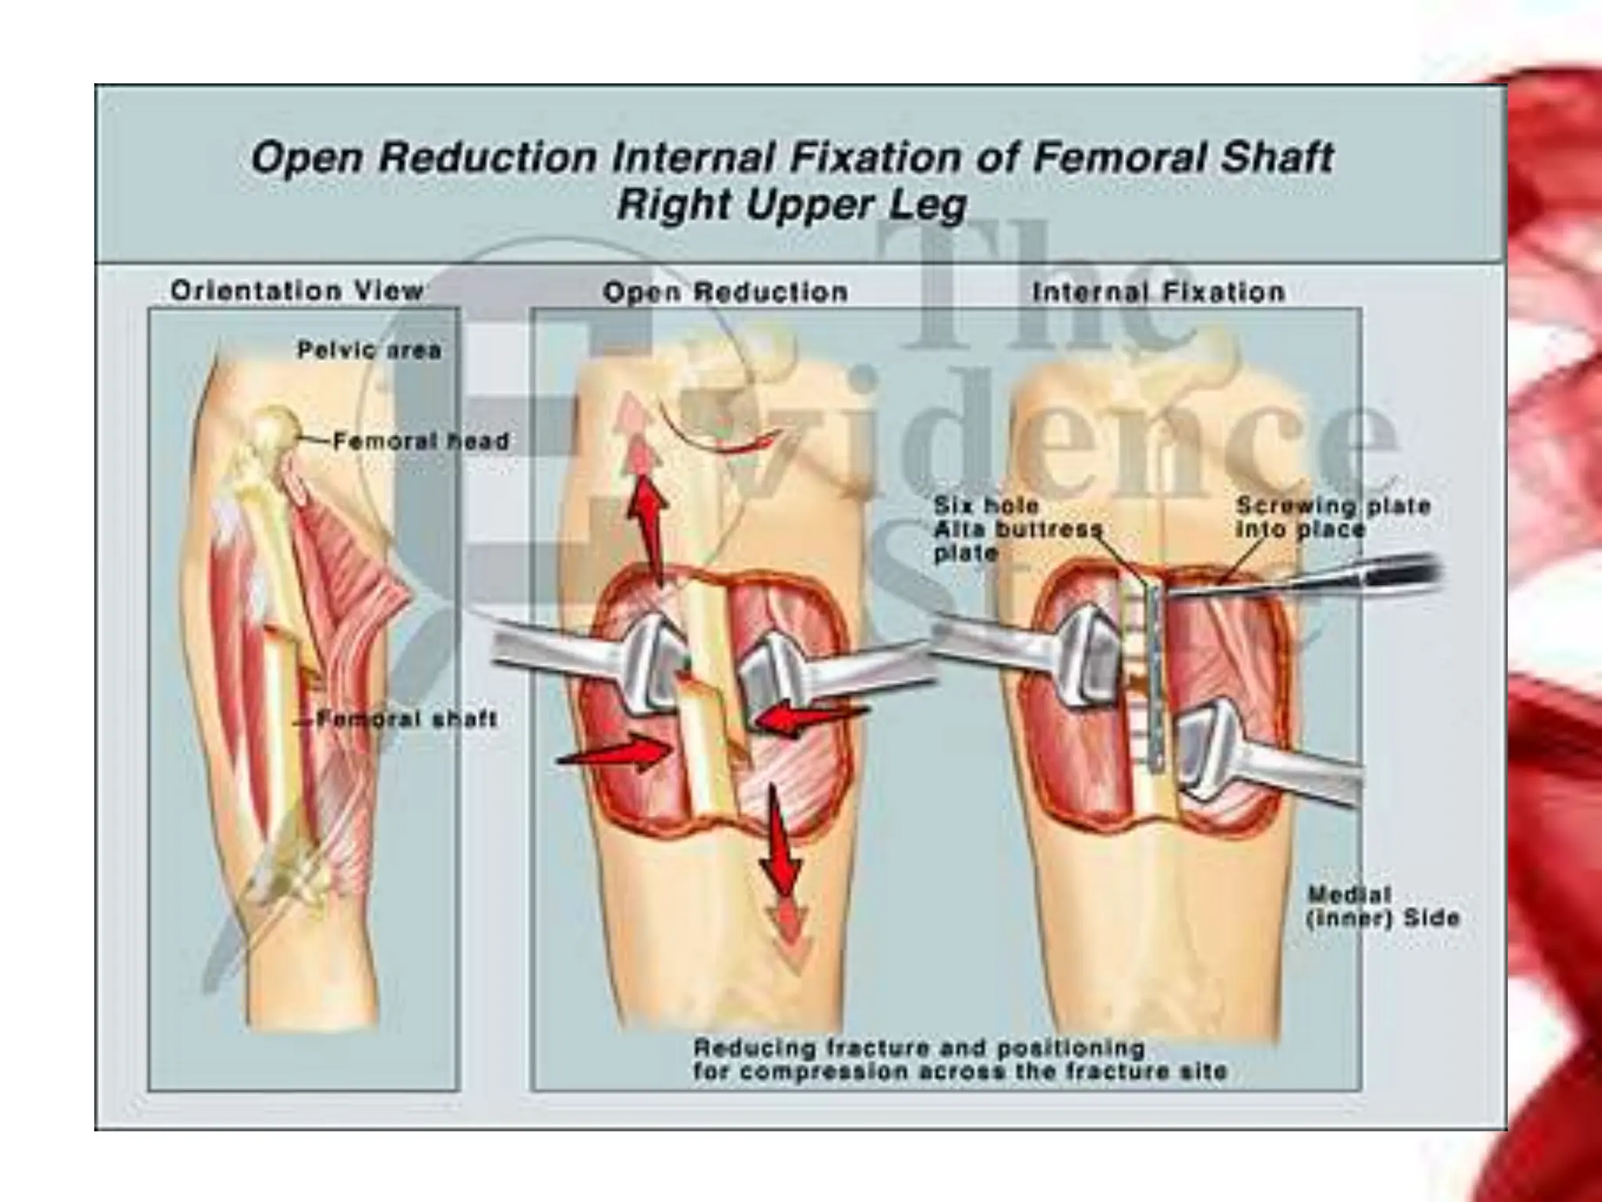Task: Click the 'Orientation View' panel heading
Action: (x=297, y=291)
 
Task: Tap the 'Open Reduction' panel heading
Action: (x=725, y=293)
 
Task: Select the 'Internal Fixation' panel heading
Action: (x=1158, y=293)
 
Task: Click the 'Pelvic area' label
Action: (x=369, y=350)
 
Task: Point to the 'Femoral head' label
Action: (x=421, y=441)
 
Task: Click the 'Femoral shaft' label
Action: (x=407, y=719)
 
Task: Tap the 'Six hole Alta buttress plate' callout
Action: (x=1017, y=529)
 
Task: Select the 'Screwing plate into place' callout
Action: (x=1333, y=517)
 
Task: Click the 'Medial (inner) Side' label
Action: (x=1383, y=906)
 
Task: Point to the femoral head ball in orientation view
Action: (x=275, y=429)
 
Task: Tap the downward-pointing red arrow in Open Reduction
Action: (x=782, y=845)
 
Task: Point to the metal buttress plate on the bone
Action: (x=1155, y=673)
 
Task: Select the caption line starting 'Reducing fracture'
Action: (x=919, y=1048)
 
